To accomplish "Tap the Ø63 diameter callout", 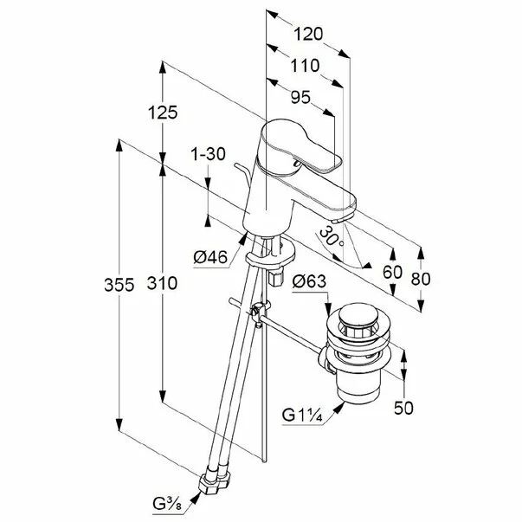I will tap(308, 280).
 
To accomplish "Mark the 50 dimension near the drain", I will tap(405, 406).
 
